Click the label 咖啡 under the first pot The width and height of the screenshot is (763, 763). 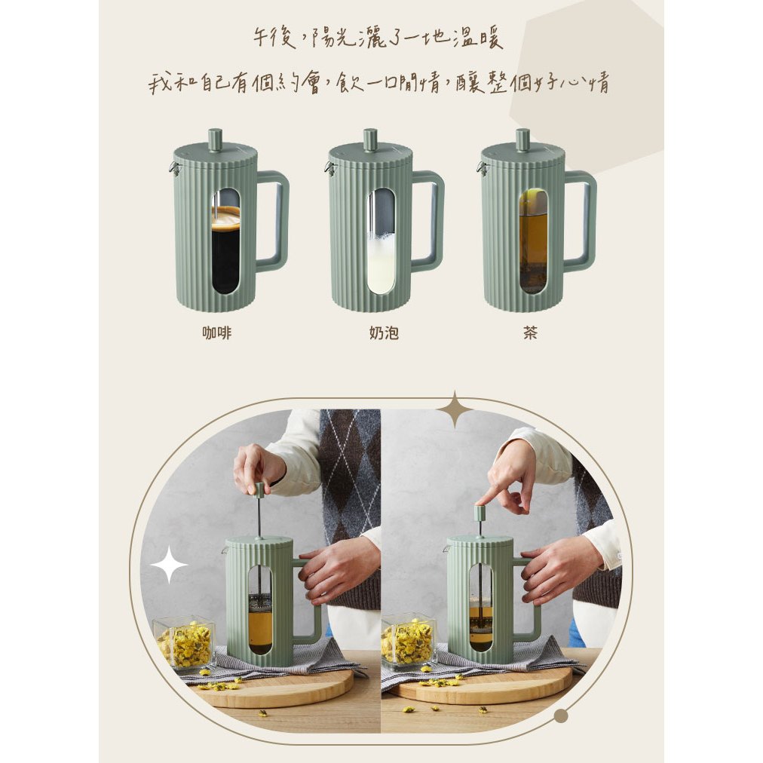coord(216,332)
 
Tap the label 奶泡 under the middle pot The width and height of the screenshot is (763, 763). coord(384,332)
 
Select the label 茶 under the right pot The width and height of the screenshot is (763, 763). coord(530,332)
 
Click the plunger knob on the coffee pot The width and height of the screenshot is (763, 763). coord(216,139)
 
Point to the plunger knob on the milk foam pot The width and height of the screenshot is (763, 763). coord(370,139)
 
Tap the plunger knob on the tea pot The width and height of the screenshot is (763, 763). coord(523,139)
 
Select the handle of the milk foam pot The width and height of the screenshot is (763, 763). coord(428,219)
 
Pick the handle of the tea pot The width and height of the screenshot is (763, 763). coord(581,219)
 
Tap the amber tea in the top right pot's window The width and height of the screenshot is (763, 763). coord(533,244)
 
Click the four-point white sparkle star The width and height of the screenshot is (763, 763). coord(169,565)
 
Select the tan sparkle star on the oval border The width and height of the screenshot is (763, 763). coord(455,409)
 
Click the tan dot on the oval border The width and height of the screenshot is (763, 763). coord(561,716)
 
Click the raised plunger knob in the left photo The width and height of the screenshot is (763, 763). coord(260,489)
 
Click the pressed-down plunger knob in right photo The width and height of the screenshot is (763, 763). coord(481,513)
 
